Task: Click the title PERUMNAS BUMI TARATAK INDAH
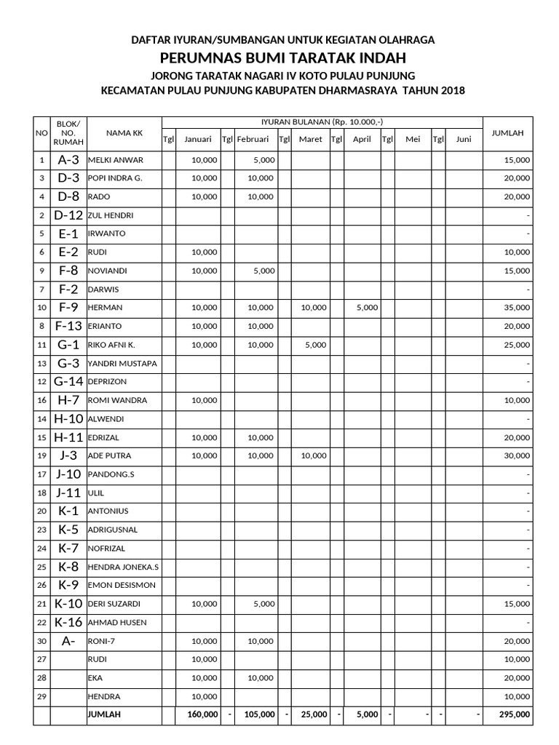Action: pyautogui.click(x=282, y=57)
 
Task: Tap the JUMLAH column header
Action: pyautogui.click(x=508, y=132)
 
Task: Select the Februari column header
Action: pyautogui.click(x=253, y=139)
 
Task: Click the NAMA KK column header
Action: pyautogui.click(x=124, y=132)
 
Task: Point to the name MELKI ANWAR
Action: pyautogui.click(x=116, y=160)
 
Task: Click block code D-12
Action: pyautogui.click(x=68, y=215)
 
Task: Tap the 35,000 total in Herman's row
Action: pyautogui.click(x=517, y=308)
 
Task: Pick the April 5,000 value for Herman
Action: pyautogui.click(x=367, y=308)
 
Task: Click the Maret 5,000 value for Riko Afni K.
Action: pyautogui.click(x=314, y=345)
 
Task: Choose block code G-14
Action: pyautogui.click(x=68, y=382)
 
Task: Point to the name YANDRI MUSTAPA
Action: pyautogui.click(x=122, y=364)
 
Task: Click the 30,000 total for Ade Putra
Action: pyautogui.click(x=517, y=456)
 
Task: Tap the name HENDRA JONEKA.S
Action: pyautogui.click(x=123, y=567)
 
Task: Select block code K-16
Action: pyautogui.click(x=68, y=622)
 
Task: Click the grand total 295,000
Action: pyautogui.click(x=515, y=715)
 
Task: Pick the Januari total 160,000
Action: pyautogui.click(x=203, y=715)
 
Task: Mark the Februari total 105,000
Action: pyautogui.click(x=259, y=715)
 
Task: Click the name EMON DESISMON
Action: pyautogui.click(x=122, y=586)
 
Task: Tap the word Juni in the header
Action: pyautogui.click(x=464, y=139)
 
